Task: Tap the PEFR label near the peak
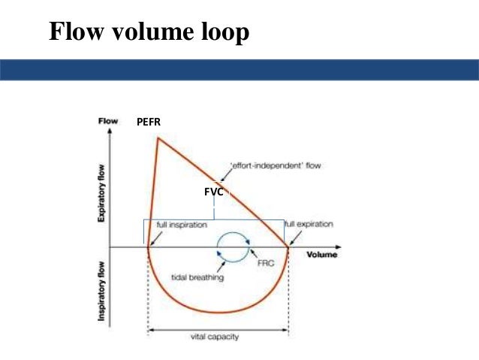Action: (148, 121)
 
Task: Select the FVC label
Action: (215, 192)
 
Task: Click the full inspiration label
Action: (181, 225)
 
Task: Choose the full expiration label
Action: (309, 224)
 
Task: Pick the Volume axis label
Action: (322, 256)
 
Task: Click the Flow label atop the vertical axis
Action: (108, 120)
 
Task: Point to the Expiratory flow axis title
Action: (101, 192)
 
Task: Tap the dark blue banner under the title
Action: (239, 70)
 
